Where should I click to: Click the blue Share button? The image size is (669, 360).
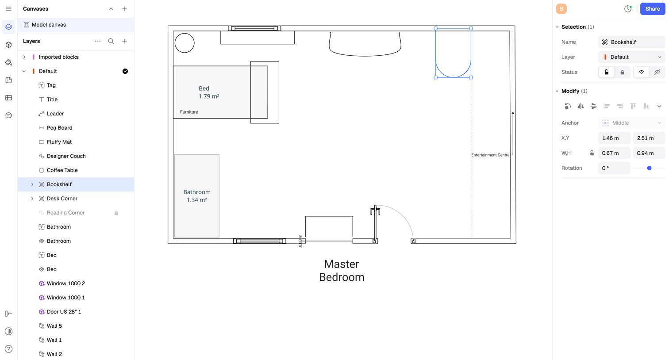click(x=652, y=9)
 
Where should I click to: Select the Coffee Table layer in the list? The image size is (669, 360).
click(x=62, y=170)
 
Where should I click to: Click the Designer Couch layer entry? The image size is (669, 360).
click(x=66, y=156)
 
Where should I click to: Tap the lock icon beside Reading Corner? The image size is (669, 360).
click(x=116, y=213)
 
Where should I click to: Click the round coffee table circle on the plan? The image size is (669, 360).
click(x=185, y=34)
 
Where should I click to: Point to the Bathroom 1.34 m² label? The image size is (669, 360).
click(x=197, y=196)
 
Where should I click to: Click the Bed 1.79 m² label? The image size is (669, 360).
click(x=209, y=92)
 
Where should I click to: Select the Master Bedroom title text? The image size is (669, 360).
click(x=342, y=271)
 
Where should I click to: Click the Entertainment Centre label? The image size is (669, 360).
click(x=490, y=155)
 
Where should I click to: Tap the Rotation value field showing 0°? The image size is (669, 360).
click(x=614, y=168)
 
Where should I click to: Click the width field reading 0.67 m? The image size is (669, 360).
click(x=614, y=153)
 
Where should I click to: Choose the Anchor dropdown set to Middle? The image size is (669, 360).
click(x=632, y=123)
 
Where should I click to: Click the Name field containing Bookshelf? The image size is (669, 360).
click(x=632, y=42)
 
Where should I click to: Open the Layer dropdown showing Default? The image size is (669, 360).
click(x=632, y=57)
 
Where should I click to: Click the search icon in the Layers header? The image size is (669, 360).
click(x=111, y=41)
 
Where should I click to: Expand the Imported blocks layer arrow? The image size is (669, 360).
click(x=24, y=57)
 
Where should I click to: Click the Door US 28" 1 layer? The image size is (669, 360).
click(x=64, y=312)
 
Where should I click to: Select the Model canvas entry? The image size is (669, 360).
click(x=49, y=25)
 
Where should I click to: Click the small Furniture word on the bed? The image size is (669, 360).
click(x=189, y=112)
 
